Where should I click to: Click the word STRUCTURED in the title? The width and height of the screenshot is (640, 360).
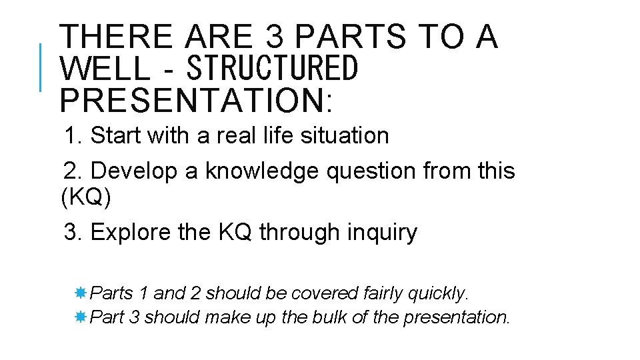[273, 69]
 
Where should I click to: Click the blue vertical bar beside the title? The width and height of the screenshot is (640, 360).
[41, 67]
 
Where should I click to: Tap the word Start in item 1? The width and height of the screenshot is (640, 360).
[116, 136]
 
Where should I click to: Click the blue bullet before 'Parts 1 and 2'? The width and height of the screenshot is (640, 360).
[80, 293]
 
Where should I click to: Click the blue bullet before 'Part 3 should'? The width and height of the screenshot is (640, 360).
[80, 317]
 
